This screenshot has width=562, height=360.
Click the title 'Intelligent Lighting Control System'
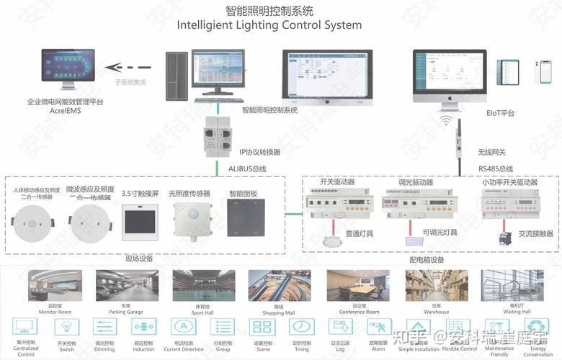click(x=269, y=25)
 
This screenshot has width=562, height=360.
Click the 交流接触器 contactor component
click(x=503, y=234)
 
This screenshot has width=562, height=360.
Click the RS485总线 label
click(x=496, y=168)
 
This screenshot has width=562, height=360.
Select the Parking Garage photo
click(x=125, y=286)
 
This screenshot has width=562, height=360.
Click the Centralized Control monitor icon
click(x=26, y=328)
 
